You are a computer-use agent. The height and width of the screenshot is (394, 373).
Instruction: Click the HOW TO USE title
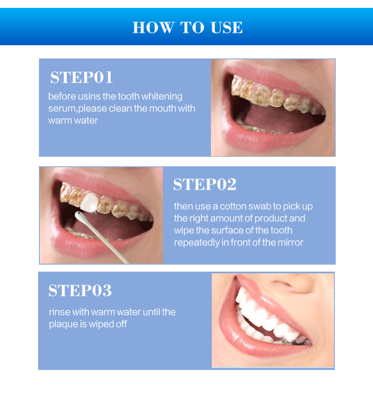click(187, 27)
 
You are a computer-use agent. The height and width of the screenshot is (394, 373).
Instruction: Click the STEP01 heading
click(82, 78)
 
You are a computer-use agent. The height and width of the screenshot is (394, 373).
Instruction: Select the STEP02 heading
click(205, 185)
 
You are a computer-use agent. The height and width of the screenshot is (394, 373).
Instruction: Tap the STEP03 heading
click(80, 291)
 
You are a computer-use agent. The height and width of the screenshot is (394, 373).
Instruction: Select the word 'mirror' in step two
click(291, 243)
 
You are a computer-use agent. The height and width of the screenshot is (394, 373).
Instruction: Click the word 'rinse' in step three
click(59, 312)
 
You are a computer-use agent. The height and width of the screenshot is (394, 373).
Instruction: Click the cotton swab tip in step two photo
click(78, 214)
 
